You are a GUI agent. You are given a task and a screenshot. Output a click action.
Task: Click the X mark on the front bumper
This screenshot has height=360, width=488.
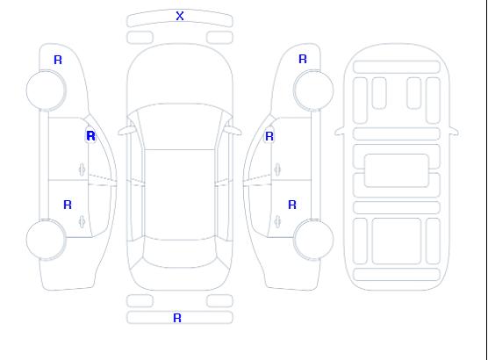(x=180, y=16)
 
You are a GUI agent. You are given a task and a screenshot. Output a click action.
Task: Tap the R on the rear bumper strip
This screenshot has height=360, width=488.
(x=177, y=318)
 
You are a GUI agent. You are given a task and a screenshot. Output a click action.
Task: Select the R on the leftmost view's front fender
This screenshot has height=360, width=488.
(x=58, y=60)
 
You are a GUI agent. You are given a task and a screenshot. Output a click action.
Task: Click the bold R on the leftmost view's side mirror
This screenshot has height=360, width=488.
(x=90, y=136)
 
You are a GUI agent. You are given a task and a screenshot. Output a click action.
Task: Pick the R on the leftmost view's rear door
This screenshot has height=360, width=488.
(x=68, y=205)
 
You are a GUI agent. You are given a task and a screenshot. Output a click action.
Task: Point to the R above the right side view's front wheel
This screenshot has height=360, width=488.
(x=303, y=59)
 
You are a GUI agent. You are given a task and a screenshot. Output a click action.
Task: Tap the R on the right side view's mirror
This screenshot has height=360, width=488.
(x=269, y=136)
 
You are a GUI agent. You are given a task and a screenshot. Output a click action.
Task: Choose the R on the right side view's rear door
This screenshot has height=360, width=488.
(x=292, y=205)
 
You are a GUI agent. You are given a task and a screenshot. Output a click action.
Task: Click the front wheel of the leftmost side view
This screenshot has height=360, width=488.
(x=46, y=90)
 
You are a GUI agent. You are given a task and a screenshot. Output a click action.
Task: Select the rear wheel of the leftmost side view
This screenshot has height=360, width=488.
(x=46, y=240)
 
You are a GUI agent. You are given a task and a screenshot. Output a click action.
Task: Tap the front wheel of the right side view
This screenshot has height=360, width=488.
(x=313, y=90)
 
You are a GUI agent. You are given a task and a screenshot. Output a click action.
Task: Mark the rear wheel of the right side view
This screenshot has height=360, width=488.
(x=313, y=239)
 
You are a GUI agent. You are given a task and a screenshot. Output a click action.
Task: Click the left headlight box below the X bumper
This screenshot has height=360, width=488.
(x=140, y=38)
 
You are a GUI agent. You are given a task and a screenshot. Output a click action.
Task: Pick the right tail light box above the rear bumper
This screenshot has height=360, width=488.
(x=219, y=301)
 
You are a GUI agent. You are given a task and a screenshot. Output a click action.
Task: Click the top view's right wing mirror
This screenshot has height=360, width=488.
(x=234, y=131)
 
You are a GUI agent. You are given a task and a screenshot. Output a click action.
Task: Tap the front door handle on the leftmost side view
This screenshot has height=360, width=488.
(x=82, y=169)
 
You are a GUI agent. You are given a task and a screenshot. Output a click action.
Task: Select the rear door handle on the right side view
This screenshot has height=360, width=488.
(x=277, y=221)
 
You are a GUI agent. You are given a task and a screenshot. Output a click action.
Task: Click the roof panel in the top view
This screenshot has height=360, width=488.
(x=180, y=195)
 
